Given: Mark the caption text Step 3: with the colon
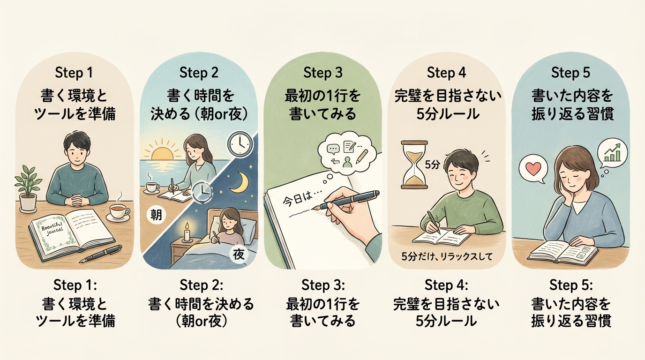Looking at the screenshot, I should coord(323,285).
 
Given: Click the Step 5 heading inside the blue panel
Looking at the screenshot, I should coord(570,73).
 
